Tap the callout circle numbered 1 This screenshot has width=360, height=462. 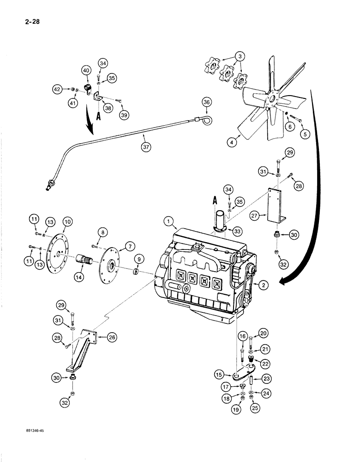coord(168,222)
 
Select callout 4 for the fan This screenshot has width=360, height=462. coord(233,142)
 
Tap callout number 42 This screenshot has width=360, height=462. coord(69,90)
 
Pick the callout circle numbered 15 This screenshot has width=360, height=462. coord(220,373)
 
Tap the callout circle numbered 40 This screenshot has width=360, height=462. coord(86,70)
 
